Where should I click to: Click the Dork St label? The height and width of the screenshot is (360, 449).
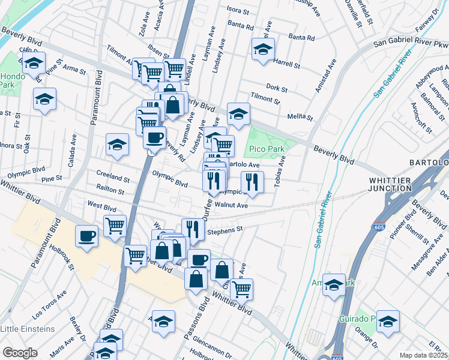pos(277,88)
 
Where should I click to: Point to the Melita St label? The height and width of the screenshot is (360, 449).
pos(301,116)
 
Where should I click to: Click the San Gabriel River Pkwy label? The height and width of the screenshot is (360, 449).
pos(411,43)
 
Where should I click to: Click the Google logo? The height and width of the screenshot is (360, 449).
pos(20,353)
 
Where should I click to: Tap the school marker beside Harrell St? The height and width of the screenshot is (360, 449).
pos(263,51)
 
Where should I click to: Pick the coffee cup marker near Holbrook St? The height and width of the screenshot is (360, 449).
pos(87,235)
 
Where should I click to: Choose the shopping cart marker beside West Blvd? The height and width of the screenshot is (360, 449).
pos(115,226)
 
